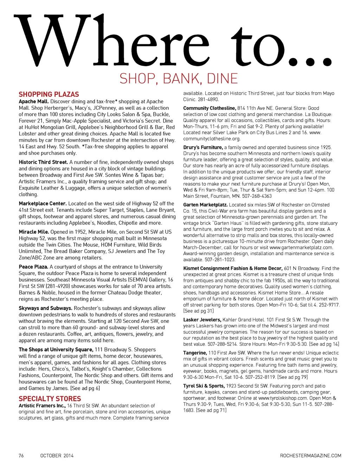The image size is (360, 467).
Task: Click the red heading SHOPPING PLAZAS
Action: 49,95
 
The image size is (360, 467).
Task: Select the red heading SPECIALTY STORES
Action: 50,399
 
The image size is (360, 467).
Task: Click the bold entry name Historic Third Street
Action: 43,162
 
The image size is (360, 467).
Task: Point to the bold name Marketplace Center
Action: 43,203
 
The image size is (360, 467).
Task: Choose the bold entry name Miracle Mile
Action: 34,232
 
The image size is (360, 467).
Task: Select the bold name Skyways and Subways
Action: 45,308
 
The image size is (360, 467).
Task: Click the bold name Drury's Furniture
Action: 203,147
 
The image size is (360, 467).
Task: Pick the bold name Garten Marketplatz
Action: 205,205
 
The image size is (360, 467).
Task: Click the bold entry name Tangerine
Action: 195,353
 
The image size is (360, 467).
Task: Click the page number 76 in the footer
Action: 21,456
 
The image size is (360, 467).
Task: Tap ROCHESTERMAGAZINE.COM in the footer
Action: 310,456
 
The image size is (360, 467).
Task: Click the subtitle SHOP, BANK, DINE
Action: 179,78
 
